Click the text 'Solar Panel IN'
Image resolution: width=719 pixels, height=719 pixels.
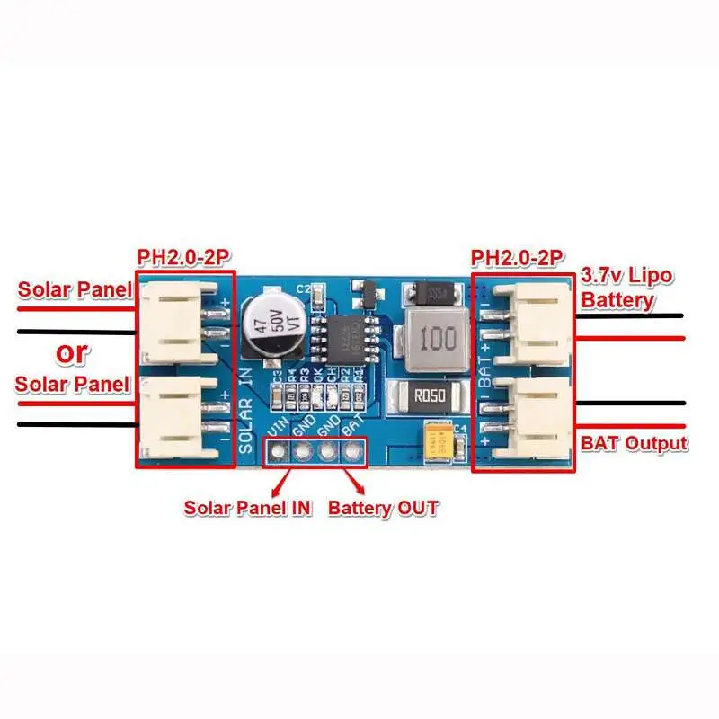(248, 508)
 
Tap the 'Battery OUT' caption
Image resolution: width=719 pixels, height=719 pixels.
(383, 508)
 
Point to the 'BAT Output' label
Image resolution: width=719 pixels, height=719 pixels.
(634, 443)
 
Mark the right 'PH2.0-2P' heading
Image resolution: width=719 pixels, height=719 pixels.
(518, 259)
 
